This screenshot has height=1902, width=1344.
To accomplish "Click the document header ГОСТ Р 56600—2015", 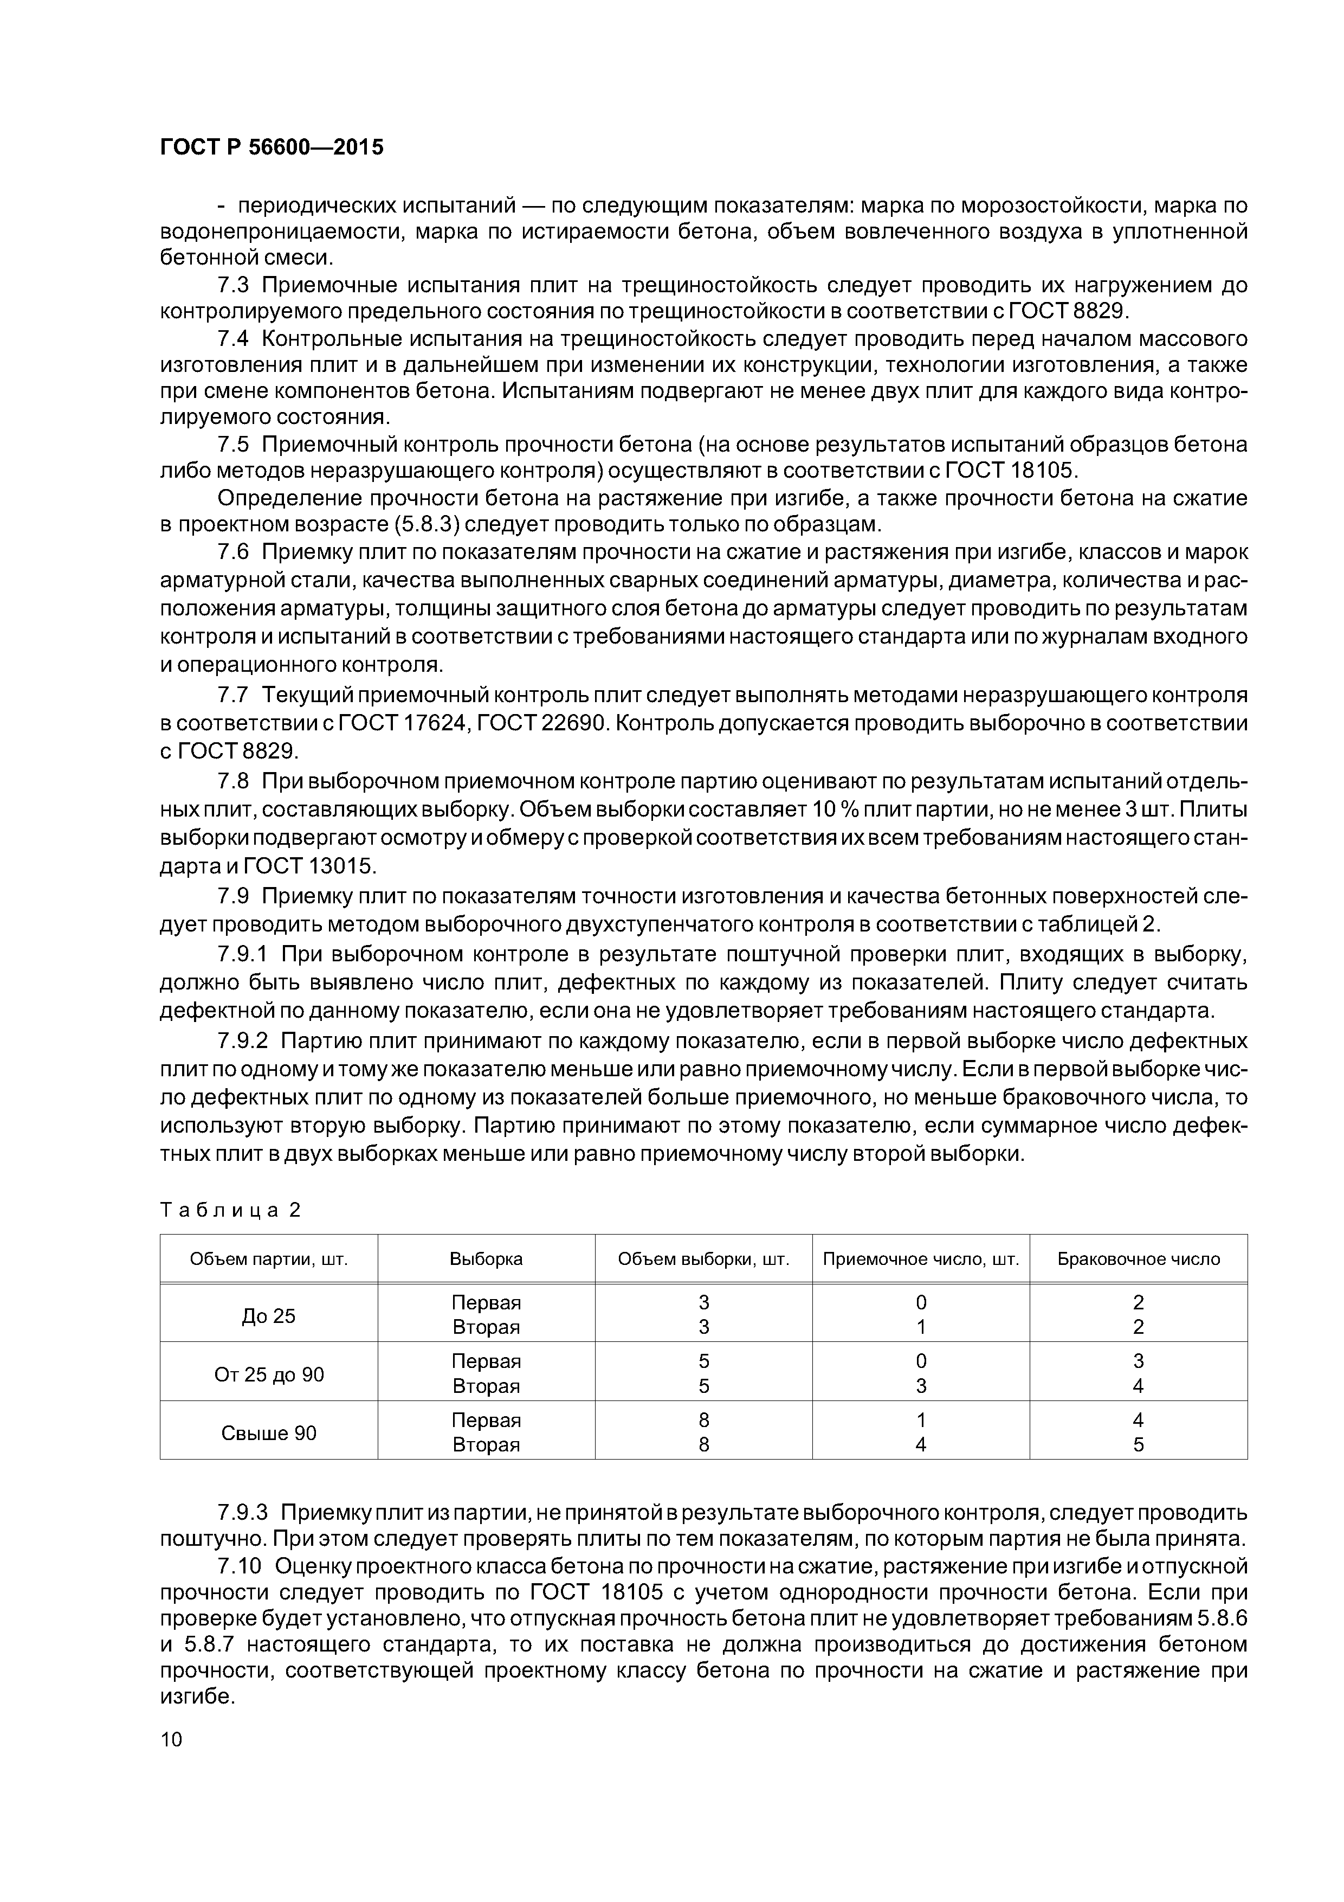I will (x=272, y=147).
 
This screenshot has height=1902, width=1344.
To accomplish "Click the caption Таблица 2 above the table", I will (x=230, y=1210).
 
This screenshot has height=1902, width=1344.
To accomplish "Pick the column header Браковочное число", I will (x=1138, y=1259).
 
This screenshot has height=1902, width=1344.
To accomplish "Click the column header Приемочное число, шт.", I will (x=920, y=1259).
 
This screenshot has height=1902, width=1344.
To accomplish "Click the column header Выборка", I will (x=486, y=1259).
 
